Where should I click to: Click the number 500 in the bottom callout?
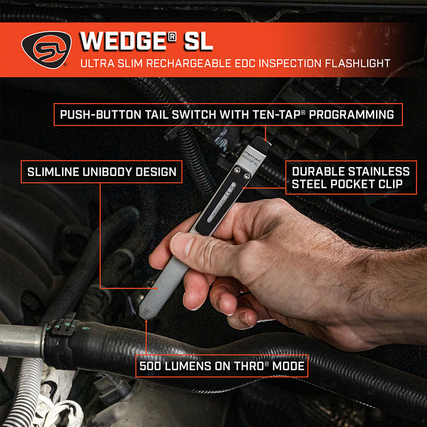[150, 367]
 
